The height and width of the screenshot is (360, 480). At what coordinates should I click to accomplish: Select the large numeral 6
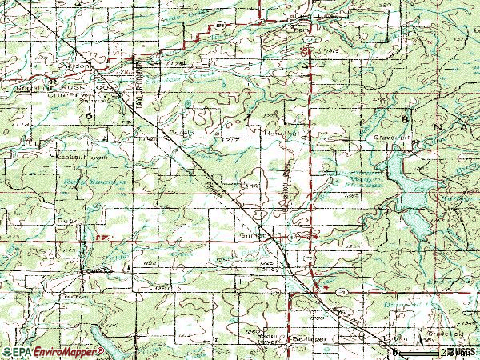[x=90, y=117]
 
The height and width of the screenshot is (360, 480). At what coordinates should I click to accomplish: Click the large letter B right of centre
[x=409, y=118]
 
